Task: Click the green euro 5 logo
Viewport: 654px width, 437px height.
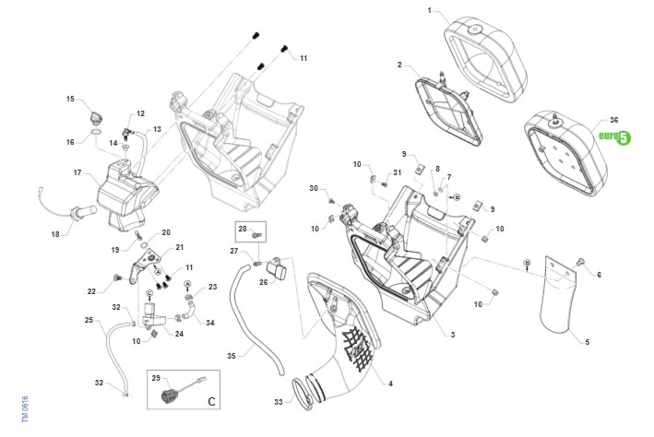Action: tap(615, 137)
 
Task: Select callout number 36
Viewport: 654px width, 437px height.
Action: tap(614, 120)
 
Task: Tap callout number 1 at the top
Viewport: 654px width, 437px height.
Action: tap(429, 10)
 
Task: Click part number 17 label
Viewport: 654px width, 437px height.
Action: tap(77, 173)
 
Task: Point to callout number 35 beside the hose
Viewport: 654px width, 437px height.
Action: tap(231, 356)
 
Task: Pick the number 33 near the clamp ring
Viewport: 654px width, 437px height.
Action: tap(278, 403)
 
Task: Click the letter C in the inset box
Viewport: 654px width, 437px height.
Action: tap(212, 402)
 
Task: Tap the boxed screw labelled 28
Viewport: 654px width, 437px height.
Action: tap(256, 235)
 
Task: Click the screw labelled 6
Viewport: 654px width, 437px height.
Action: tap(582, 263)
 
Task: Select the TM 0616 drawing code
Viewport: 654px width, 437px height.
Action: tap(25, 408)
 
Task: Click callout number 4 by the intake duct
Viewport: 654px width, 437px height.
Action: tap(390, 384)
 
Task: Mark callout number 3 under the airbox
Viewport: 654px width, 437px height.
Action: tap(452, 335)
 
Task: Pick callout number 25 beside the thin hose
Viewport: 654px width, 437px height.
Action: tap(89, 319)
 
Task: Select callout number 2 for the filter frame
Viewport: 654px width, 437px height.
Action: tap(399, 65)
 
